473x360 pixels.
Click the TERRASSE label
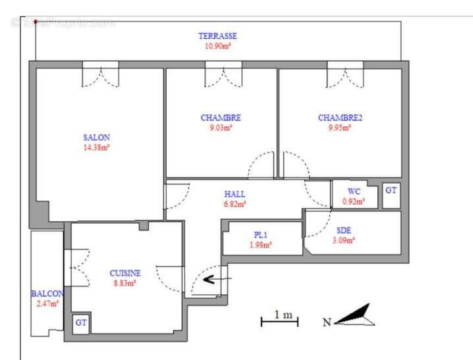217,36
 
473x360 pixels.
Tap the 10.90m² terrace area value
217,47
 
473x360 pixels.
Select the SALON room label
96,138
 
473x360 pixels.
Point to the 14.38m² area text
96,147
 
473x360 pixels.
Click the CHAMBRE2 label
340,118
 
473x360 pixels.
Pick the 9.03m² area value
221,128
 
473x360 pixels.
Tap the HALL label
235,194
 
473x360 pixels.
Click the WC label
354,192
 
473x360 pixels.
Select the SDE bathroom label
344,230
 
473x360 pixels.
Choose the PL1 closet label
261,235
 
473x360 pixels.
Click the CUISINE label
125,272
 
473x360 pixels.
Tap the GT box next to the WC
391,190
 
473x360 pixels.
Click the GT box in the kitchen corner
81,323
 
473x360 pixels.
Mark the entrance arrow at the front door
210,279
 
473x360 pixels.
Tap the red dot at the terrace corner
35,21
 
